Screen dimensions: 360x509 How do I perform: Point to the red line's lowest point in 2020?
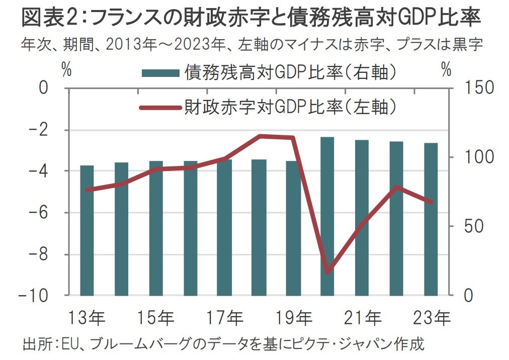328,272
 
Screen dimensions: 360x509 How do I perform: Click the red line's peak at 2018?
259,136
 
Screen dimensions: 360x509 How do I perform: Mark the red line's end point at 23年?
431,202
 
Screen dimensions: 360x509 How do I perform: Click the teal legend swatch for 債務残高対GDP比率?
160,73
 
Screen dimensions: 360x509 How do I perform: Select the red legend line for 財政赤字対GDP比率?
160,107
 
